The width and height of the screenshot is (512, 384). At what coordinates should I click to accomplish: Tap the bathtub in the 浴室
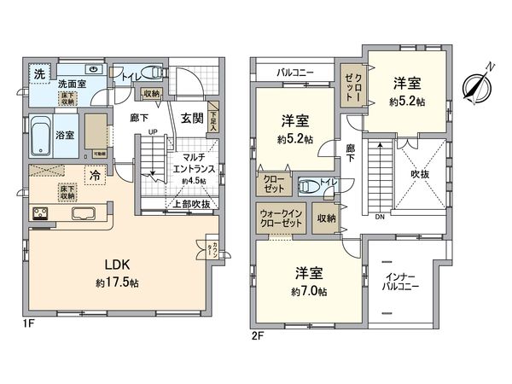click(41, 135)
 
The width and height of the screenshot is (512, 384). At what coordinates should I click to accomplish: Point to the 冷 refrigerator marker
click(95, 174)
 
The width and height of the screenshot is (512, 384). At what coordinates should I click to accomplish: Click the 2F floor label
click(257, 335)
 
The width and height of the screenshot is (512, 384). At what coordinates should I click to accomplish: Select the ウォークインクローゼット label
click(280, 218)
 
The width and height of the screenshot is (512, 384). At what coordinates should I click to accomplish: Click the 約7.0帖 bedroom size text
click(309, 291)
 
